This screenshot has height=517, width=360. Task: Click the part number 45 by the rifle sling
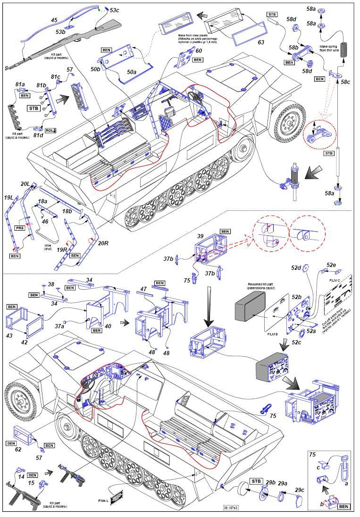[x=54, y=20]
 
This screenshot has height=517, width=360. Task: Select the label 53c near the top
[x=114, y=10]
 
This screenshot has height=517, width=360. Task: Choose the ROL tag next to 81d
[x=51, y=130]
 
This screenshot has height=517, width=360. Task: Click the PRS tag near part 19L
[x=20, y=228]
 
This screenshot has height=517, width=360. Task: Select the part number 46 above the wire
[x=45, y=221]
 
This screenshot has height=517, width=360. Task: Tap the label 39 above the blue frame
[x=201, y=235]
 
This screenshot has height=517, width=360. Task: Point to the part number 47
[x=143, y=288]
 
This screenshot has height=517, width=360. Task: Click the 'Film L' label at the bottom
[x=103, y=500]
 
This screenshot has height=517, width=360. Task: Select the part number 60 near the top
[x=199, y=50]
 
